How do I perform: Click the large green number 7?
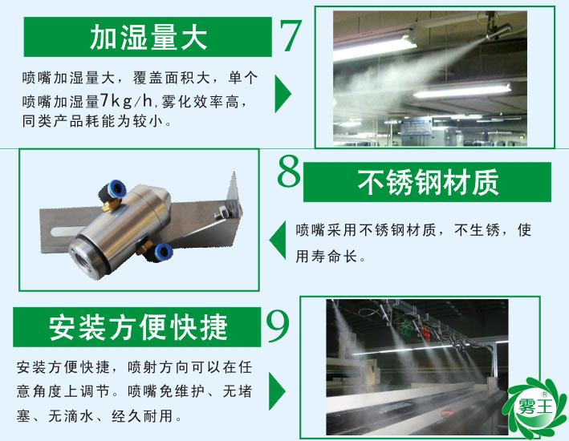point(291,36)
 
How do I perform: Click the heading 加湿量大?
point(148,37)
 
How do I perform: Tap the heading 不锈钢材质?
point(428,182)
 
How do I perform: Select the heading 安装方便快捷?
point(138,327)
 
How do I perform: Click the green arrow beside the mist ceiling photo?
point(282,94)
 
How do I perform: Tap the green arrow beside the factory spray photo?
point(278,390)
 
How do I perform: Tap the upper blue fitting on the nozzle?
point(112,190)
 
